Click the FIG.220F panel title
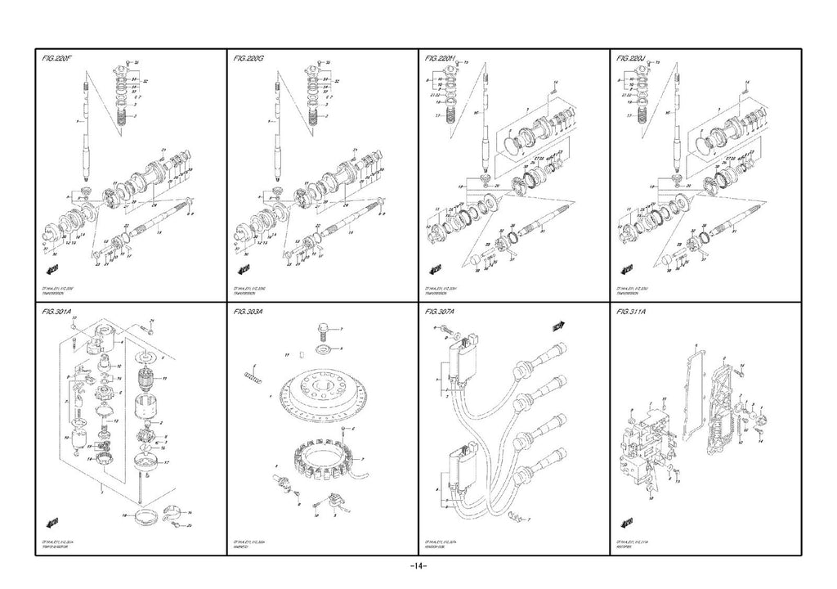[58, 59]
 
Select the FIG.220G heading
[249, 59]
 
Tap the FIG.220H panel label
[442, 59]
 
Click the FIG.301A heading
[58, 312]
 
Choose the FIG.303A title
[249, 312]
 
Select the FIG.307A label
[442, 312]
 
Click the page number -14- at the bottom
[418, 567]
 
